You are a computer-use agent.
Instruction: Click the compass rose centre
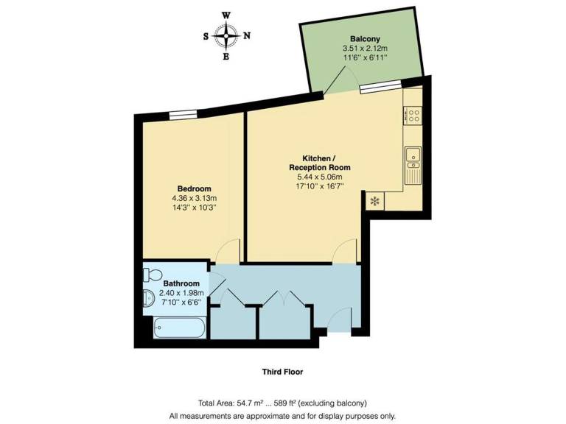click(226, 35)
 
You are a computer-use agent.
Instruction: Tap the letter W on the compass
click(226, 15)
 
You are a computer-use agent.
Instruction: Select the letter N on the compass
click(247, 35)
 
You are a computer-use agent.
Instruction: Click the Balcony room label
click(364, 39)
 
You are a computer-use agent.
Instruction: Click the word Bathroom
click(181, 283)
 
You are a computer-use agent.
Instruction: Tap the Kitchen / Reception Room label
click(319, 163)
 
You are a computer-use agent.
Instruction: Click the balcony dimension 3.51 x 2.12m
click(364, 49)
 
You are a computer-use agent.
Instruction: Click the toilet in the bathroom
click(153, 275)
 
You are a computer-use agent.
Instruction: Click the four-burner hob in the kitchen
click(413, 114)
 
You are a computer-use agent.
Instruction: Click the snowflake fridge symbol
click(374, 200)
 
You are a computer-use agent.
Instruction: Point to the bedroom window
click(181, 114)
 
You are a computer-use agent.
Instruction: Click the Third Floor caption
click(282, 372)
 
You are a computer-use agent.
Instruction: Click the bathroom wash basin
click(148, 298)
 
